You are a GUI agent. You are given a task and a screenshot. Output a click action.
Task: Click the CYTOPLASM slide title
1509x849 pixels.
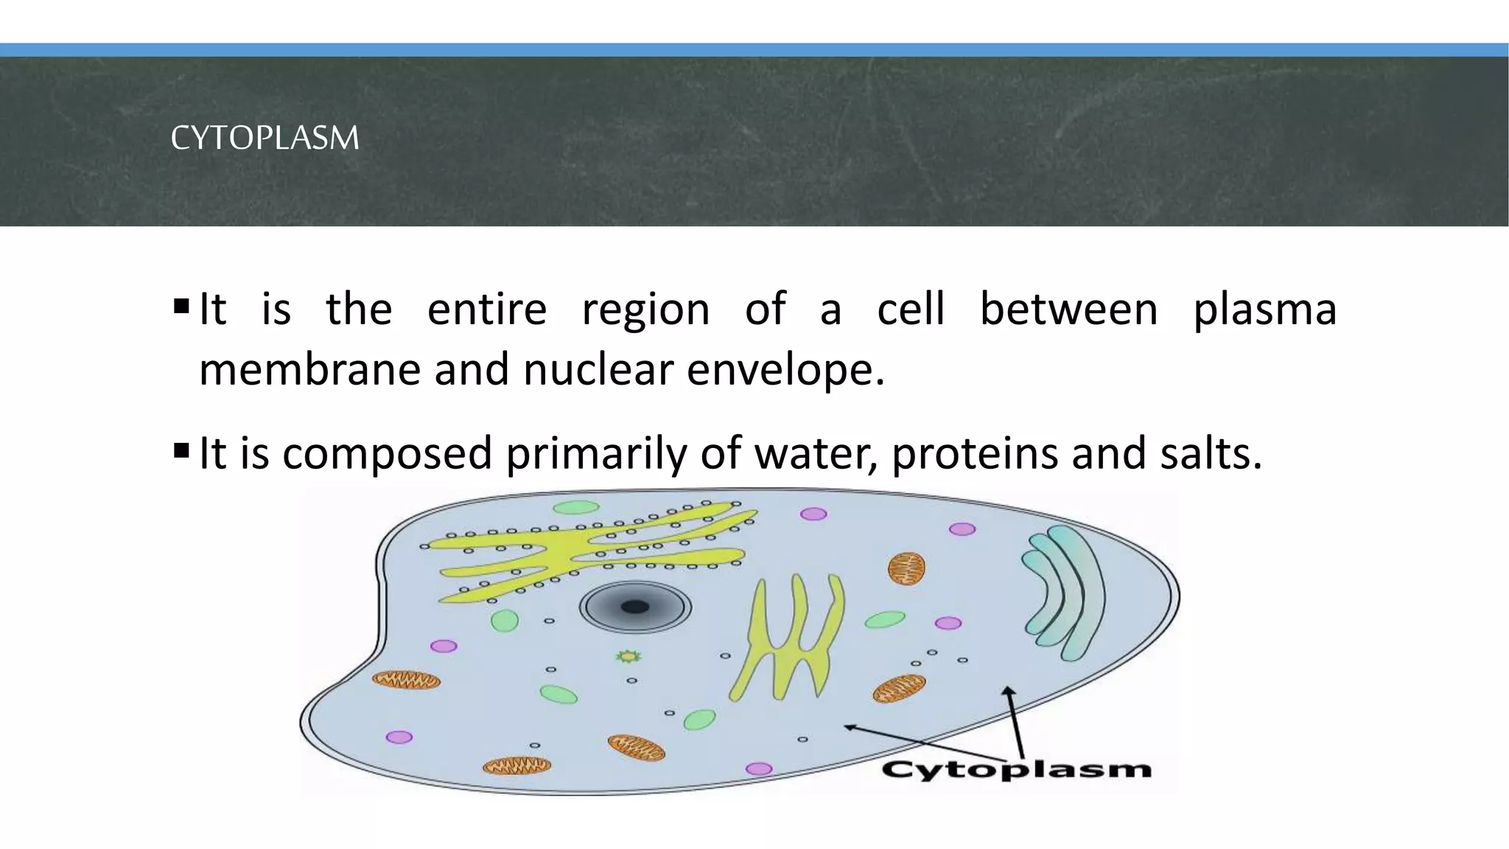[265, 138]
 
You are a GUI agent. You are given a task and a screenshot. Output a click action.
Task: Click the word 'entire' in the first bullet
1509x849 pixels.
[486, 310]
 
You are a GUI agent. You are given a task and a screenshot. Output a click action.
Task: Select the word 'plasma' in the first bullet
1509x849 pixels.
[1264, 310]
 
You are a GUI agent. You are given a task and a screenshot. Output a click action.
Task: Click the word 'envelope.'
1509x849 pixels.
[785, 369]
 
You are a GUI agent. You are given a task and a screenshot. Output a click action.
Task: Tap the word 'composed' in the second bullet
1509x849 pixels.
[387, 453]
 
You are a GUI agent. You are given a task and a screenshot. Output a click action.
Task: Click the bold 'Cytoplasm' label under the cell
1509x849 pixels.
[1016, 770]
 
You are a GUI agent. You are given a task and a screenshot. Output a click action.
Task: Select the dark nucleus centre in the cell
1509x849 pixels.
[634, 607]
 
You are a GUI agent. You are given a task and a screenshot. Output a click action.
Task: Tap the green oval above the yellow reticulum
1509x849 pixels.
[576, 507]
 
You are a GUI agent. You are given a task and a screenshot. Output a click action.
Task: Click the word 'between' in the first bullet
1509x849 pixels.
[1068, 310]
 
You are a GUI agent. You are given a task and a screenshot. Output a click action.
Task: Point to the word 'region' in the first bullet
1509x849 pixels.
[645, 310]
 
